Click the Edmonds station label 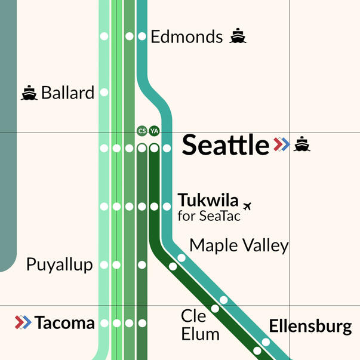click(186, 37)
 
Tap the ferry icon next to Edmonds click(238, 36)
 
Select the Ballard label click(67, 93)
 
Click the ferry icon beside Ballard click(29, 93)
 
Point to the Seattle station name click(225, 145)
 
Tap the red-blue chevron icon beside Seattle click(281, 144)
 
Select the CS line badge click(141, 131)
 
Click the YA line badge click(154, 131)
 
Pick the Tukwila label click(208, 200)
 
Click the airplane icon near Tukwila click(250, 206)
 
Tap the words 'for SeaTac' click(209, 216)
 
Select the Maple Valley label click(239, 245)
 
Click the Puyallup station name click(60, 265)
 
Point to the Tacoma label click(64, 324)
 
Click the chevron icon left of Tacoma click(23, 323)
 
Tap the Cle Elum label click(200, 324)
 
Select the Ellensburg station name click(310, 327)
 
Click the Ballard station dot click(104, 93)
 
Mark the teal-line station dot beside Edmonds click(142, 36)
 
